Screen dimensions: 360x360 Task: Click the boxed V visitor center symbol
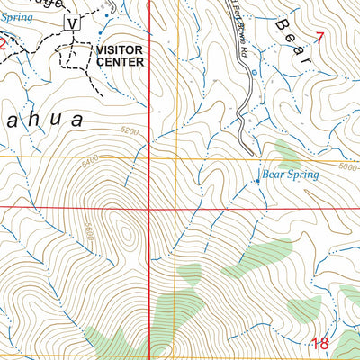click(x=73, y=22)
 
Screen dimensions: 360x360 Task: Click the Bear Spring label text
click(x=290, y=175)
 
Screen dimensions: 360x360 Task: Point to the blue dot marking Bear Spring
click(x=257, y=180)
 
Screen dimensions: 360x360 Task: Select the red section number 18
click(x=319, y=342)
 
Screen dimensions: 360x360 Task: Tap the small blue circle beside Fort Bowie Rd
click(x=256, y=71)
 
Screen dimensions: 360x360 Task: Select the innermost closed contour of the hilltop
click(x=126, y=234)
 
